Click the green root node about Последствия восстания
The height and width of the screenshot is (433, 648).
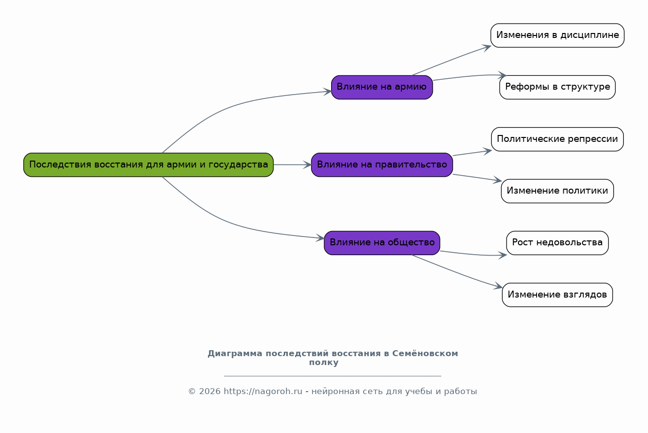pyautogui.click(x=148, y=165)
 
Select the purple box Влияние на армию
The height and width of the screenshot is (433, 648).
pyautogui.click(x=382, y=87)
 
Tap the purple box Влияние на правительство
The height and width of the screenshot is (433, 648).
pyautogui.click(x=382, y=165)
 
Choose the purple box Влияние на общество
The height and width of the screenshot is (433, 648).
pyautogui.click(x=382, y=243)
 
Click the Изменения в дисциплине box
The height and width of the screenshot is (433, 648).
pyautogui.click(x=557, y=35)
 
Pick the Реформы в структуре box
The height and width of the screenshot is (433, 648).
pyautogui.click(x=557, y=87)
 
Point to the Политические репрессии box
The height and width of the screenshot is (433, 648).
pyautogui.click(x=557, y=139)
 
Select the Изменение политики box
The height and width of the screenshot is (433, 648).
pyautogui.click(x=557, y=191)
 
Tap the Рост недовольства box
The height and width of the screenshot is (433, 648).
pyautogui.click(x=557, y=243)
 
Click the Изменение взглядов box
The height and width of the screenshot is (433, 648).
pyautogui.click(x=557, y=295)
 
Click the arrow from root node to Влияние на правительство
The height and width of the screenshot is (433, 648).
pyautogui.click(x=292, y=165)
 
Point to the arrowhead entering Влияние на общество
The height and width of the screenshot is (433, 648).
pyautogui.click(x=320, y=238)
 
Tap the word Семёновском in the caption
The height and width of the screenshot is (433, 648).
pyautogui.click(x=425, y=354)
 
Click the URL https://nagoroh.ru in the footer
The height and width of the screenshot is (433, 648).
pyautogui.click(x=263, y=391)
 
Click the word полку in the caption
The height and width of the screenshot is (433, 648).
pyautogui.click(x=324, y=363)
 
